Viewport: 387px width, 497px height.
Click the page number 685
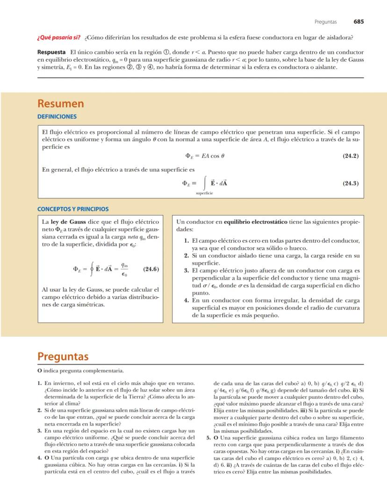[x=358, y=22]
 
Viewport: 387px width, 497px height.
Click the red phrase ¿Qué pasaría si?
[x=59, y=37]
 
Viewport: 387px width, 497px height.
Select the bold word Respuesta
[x=52, y=52]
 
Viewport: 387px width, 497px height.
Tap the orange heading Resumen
[x=61, y=103]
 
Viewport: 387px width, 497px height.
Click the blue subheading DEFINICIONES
[x=57, y=116]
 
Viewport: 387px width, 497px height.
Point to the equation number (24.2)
[x=350, y=156]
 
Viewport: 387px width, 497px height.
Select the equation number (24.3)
[x=350, y=183]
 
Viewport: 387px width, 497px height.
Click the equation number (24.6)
[x=150, y=269]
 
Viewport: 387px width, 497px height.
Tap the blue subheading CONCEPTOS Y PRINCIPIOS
[x=73, y=209]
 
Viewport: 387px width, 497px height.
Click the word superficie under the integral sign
[x=204, y=193]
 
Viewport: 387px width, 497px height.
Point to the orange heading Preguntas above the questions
[x=63, y=357]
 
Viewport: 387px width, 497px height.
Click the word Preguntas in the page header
[x=325, y=22]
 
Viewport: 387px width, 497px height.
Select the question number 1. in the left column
[x=40, y=383]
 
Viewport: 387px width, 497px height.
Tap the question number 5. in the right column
[x=209, y=438]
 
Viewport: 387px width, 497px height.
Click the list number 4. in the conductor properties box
[x=186, y=300]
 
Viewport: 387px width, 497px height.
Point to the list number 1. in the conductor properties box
[x=186, y=240]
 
